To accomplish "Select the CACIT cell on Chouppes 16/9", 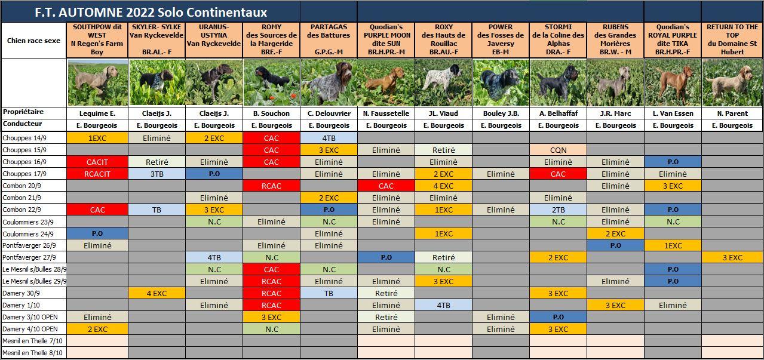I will [x=97, y=162].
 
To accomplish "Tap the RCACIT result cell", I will [x=97, y=174].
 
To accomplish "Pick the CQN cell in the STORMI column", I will [x=558, y=150].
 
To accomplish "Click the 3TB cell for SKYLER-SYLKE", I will [x=157, y=174].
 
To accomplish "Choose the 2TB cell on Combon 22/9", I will [x=558, y=210].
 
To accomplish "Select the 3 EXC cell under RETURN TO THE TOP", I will [x=732, y=257].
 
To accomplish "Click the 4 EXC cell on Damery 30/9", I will [x=157, y=293].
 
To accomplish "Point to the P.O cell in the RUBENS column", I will [x=615, y=245].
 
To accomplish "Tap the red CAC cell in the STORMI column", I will [x=558, y=174].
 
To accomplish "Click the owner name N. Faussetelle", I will [x=386, y=113].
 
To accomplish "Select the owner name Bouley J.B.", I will [x=501, y=113].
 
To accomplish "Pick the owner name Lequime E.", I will [x=97, y=113].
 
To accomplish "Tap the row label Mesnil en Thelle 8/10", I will [x=32, y=353].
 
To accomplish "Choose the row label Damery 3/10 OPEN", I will [x=30, y=317].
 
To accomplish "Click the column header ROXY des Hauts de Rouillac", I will [x=443, y=39].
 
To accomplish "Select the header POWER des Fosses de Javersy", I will [x=501, y=39].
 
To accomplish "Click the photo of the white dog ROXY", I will [x=443, y=82].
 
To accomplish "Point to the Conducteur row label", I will [x=23, y=124].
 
